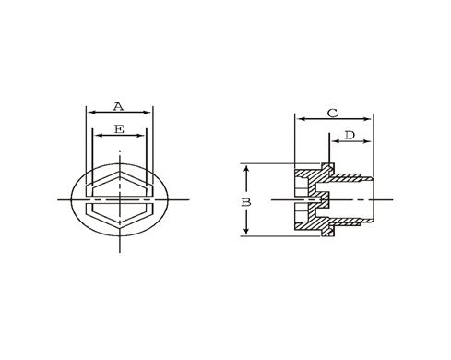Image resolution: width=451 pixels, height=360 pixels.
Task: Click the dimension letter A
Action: click(118, 104)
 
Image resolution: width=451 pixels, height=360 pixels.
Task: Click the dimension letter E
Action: click(118, 129)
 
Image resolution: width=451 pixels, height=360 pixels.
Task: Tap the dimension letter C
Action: click(332, 113)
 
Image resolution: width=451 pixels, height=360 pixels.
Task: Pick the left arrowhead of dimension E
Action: click(96, 138)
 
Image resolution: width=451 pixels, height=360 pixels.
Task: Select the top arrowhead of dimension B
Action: click(246, 167)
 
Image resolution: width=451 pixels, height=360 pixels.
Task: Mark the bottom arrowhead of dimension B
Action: click(246, 234)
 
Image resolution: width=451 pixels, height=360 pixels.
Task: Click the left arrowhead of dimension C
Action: click(297, 119)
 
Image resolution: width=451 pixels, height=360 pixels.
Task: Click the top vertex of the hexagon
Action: click(119, 169)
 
